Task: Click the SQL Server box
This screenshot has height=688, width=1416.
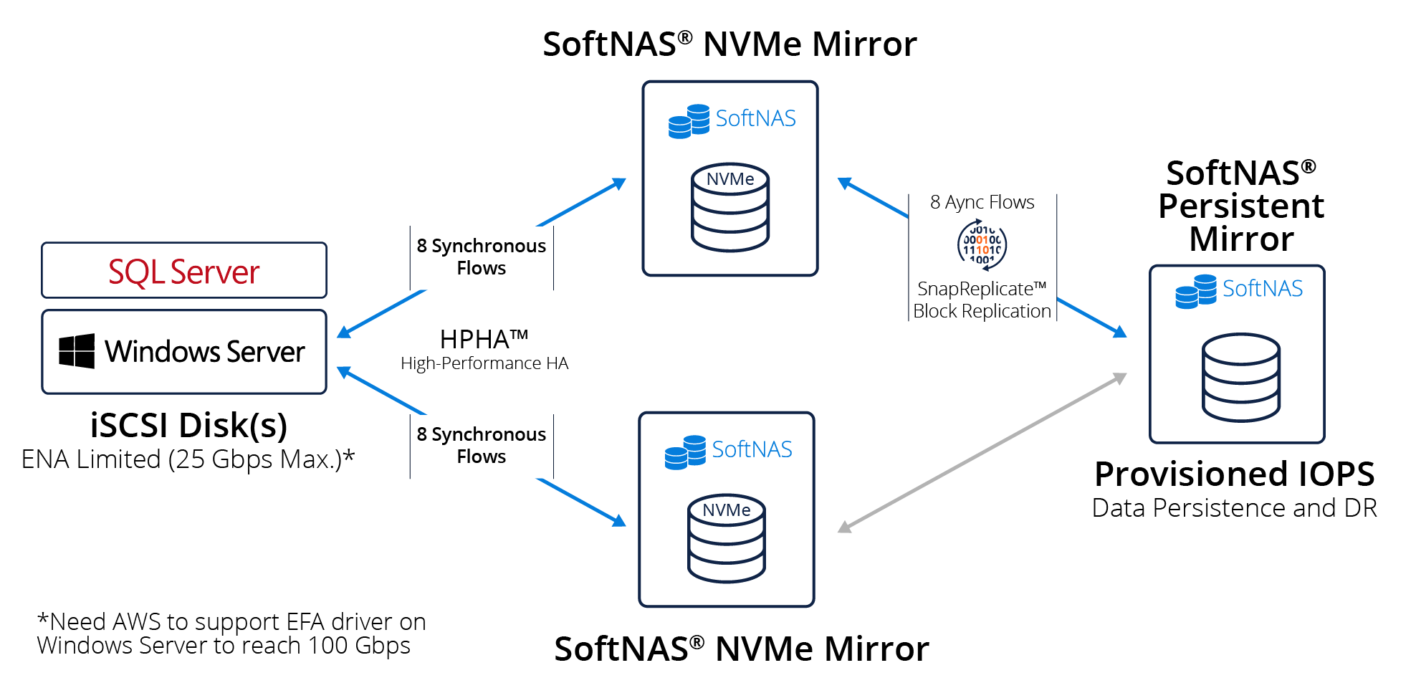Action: click(x=184, y=271)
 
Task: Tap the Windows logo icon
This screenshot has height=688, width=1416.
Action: click(x=77, y=351)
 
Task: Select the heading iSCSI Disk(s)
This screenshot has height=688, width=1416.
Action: click(x=188, y=425)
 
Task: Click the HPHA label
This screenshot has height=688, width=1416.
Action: click(x=484, y=339)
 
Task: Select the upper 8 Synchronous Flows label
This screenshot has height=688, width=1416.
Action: click(x=482, y=257)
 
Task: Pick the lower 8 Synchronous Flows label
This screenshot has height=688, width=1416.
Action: click(x=482, y=445)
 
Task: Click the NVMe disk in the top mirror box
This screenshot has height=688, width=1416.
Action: click(x=730, y=208)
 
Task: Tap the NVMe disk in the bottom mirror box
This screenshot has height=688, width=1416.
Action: click(x=727, y=538)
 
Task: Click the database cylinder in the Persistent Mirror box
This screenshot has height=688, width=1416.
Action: click(x=1241, y=377)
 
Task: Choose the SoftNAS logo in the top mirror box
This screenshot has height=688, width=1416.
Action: click(x=732, y=120)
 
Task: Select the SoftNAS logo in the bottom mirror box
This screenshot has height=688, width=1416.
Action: click(x=728, y=451)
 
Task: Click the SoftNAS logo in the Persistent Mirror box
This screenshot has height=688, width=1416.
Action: click(x=1239, y=290)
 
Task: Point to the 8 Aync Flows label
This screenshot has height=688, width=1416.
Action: click(x=982, y=203)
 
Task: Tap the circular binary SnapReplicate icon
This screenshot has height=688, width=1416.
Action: click(x=982, y=245)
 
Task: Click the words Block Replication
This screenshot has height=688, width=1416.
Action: click(x=982, y=311)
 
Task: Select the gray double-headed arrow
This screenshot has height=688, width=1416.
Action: click(x=982, y=453)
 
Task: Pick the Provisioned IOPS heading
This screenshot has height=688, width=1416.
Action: click(x=1234, y=474)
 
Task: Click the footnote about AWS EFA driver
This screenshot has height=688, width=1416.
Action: click(x=231, y=634)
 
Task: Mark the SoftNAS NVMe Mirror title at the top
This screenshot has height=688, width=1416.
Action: click(x=729, y=44)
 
